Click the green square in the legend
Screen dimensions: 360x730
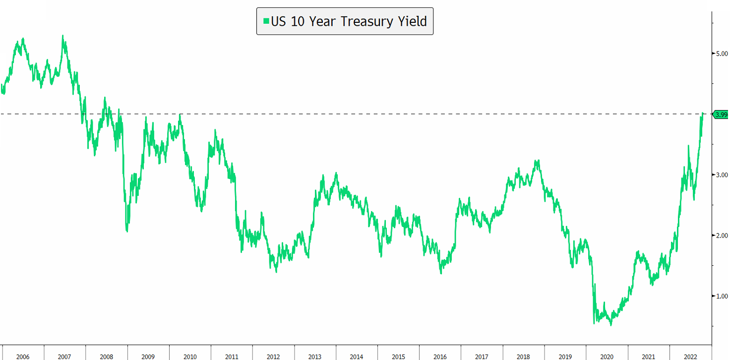click(x=266, y=21)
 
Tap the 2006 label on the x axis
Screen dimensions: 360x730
click(x=23, y=357)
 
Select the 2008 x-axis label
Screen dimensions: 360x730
click(x=106, y=357)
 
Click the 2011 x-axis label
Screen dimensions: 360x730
click(x=231, y=357)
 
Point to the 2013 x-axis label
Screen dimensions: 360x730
click(x=314, y=357)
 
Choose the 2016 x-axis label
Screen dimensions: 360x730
click(x=439, y=357)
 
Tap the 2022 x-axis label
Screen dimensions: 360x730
click(x=690, y=357)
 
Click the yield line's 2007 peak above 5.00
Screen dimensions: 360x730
click(x=63, y=36)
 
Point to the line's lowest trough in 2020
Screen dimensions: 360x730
click(x=610, y=325)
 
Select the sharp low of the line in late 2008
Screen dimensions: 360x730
click(x=127, y=231)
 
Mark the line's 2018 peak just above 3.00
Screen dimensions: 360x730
click(x=537, y=161)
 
